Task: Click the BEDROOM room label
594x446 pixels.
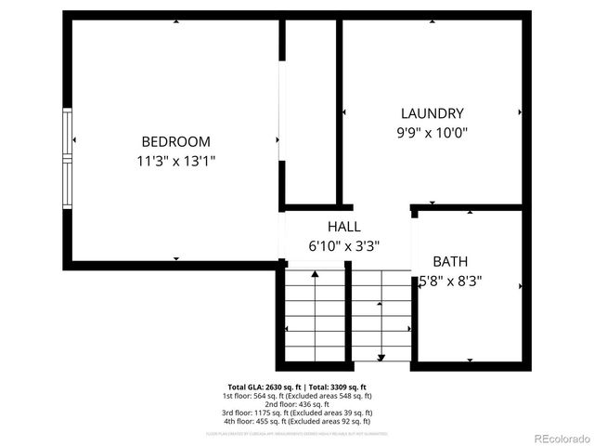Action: tap(175, 141)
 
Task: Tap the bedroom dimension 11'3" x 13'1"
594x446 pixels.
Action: tap(175, 161)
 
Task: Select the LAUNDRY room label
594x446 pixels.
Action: tap(432, 113)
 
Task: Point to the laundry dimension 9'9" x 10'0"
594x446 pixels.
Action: tap(432, 133)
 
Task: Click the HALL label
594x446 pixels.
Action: tap(343, 227)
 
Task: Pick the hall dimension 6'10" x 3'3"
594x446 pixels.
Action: tap(343, 246)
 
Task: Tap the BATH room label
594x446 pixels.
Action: tap(450, 262)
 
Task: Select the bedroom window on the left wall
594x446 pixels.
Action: tap(67, 159)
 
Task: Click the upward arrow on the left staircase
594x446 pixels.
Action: tap(316, 275)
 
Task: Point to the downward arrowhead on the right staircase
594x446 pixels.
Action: tap(381, 357)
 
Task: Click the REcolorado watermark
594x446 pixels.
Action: tap(554, 438)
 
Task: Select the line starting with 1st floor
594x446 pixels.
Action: tap(298, 395)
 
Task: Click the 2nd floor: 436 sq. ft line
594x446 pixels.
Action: tap(298, 403)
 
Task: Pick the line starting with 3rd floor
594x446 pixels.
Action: tap(298, 412)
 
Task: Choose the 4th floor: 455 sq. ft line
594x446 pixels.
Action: tap(298, 420)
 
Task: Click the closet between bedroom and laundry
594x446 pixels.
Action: tap(309, 111)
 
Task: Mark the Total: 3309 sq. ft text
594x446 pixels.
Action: tap(335, 387)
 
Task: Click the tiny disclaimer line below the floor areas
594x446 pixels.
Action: tap(298, 433)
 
